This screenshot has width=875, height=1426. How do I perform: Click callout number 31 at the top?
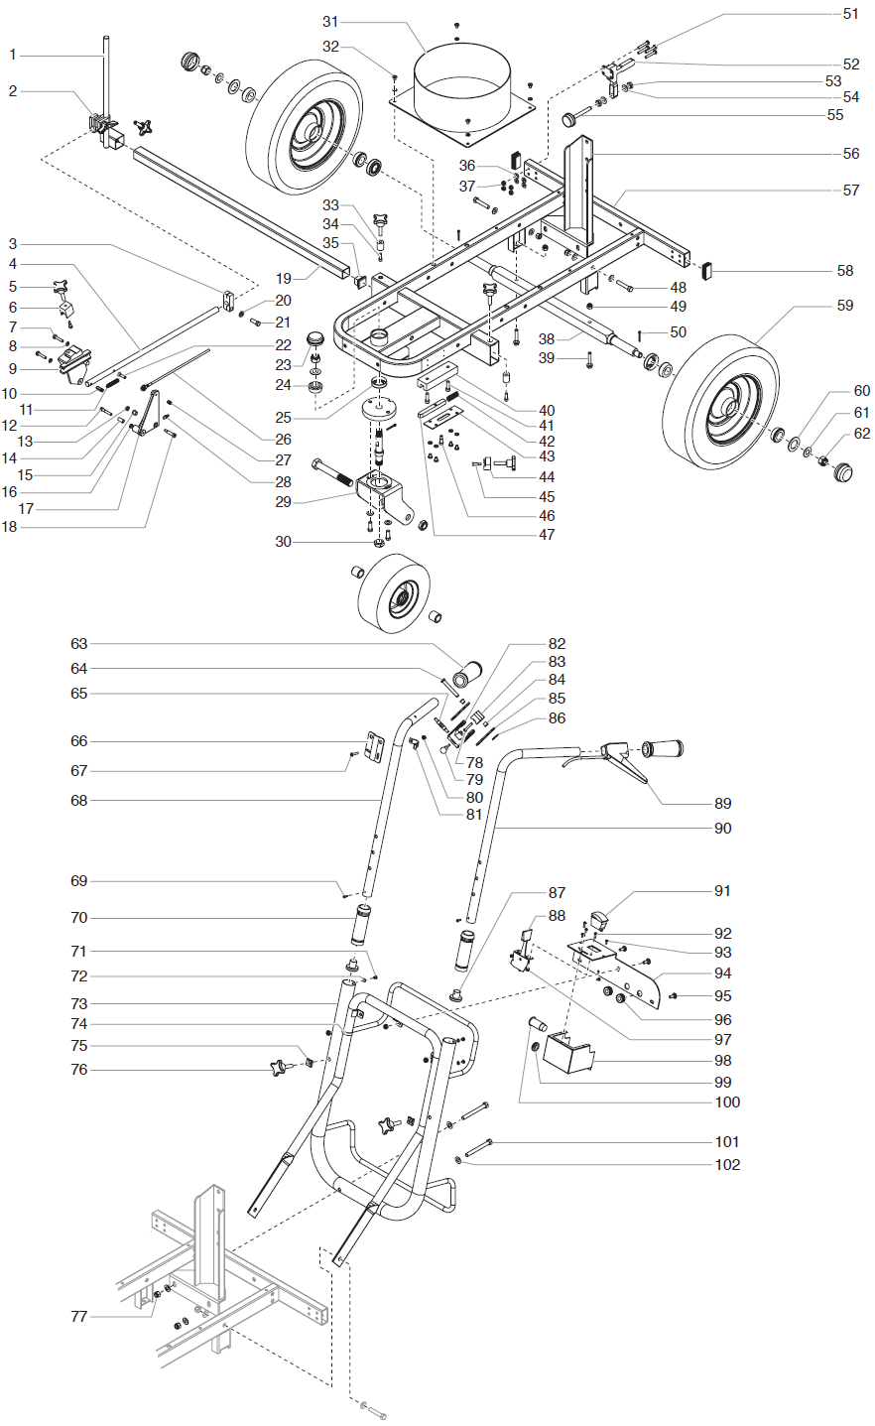(330, 22)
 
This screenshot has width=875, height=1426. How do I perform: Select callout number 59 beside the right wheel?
(844, 306)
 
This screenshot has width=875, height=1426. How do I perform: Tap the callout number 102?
(727, 1165)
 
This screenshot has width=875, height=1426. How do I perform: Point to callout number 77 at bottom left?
(79, 1317)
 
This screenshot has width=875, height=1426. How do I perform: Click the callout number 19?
(284, 279)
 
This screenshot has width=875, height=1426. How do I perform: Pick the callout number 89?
(722, 804)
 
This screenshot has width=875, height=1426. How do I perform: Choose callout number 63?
(79, 644)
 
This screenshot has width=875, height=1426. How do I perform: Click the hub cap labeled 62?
(843, 470)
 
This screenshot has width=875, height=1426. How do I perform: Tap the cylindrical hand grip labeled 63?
(465, 674)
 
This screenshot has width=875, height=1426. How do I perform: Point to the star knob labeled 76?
(283, 1068)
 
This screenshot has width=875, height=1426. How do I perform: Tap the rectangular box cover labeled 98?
(566, 1054)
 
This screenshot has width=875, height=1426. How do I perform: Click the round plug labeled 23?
(316, 338)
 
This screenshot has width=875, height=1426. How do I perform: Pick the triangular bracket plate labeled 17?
(149, 413)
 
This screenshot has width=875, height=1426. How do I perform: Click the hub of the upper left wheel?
(309, 132)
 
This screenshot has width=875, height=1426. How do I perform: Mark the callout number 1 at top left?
(13, 55)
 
